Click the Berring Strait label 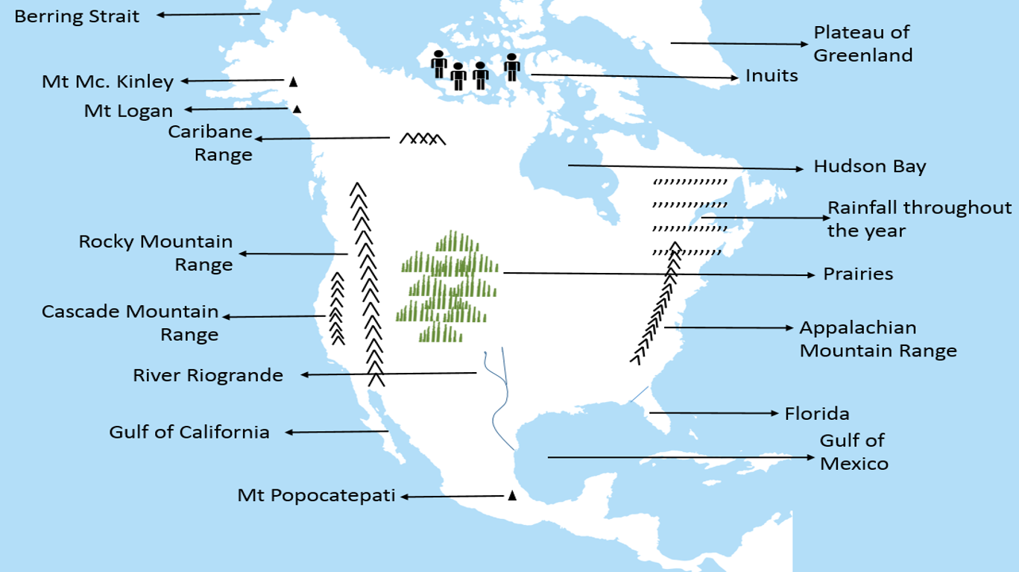tap(77, 16)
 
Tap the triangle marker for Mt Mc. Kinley tap(294, 81)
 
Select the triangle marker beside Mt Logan tap(297, 109)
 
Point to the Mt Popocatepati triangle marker tap(512, 495)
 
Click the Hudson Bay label tap(869, 166)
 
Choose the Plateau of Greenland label tap(862, 43)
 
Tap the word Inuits tap(772, 75)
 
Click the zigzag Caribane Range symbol tap(423, 139)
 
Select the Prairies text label tap(858, 274)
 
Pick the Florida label tap(817, 413)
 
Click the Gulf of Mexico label tap(854, 452)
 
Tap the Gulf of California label tap(189, 432)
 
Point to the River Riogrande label tap(208, 374)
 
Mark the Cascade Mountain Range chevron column tap(338, 309)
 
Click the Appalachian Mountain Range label tap(877, 339)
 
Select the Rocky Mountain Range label tap(156, 253)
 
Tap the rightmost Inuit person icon tap(512, 67)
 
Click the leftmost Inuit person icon tap(439, 63)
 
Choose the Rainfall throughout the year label tap(919, 219)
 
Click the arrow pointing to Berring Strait tap(208, 14)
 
